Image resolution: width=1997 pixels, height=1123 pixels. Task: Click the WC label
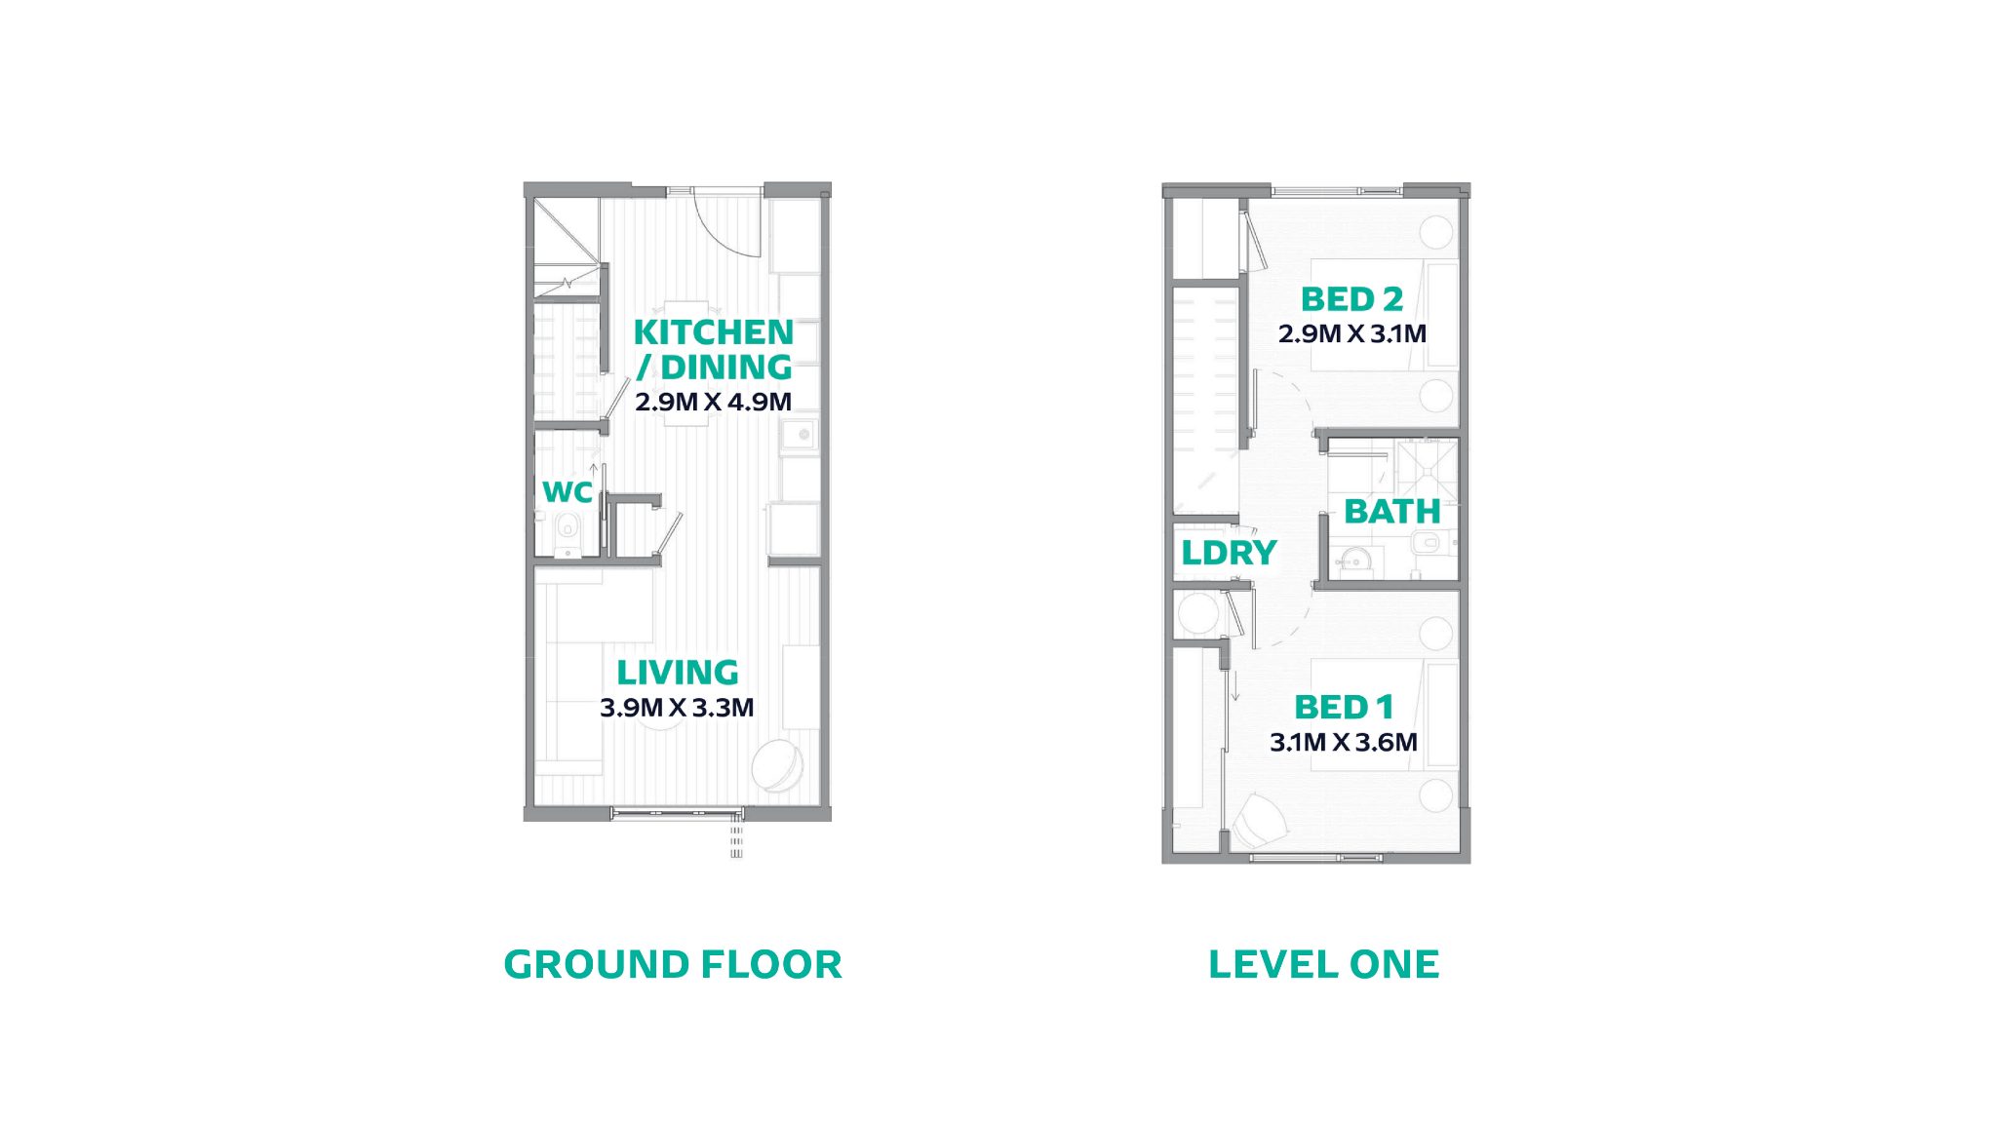pos(568,492)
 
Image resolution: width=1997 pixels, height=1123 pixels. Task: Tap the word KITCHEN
pos(714,332)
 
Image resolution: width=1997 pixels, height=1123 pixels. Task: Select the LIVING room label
pos(678,673)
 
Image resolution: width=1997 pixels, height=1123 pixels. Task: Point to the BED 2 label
pos(1351,299)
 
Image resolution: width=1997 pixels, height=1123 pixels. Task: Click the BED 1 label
pos(1344,707)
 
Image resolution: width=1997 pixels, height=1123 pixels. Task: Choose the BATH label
pos(1392,512)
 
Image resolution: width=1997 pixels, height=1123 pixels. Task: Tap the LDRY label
pos(1229,553)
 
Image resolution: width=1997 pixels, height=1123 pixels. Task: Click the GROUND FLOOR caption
pos(673,964)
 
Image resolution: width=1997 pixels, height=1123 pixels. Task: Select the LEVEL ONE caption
pos(1323,964)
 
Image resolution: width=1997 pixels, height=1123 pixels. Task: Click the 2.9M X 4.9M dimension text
pos(713,402)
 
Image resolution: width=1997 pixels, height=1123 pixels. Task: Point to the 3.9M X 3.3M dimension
pos(677,708)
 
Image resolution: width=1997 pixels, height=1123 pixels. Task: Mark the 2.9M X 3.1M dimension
pos(1352,333)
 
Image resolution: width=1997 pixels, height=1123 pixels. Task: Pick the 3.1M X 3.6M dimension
pos(1344,743)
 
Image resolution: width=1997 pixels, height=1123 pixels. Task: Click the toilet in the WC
pos(567,533)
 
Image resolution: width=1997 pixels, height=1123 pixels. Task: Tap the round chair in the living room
pos(778,766)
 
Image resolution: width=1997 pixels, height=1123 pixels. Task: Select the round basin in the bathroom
pos(1353,561)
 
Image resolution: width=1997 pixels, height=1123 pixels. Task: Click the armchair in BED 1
pos(1260,821)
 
